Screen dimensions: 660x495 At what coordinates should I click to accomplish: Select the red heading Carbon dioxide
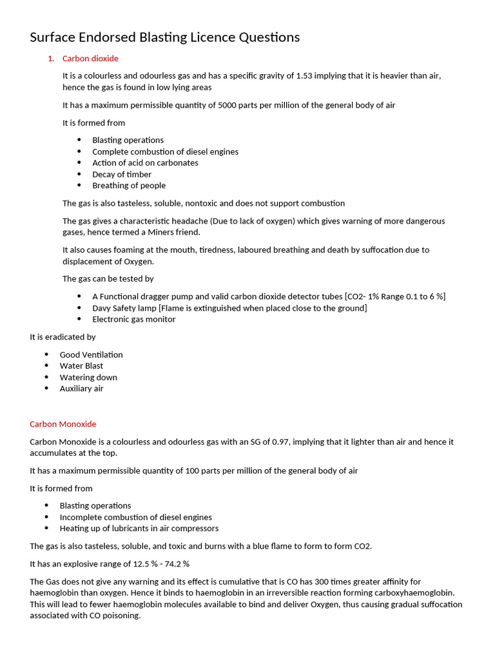(x=90, y=59)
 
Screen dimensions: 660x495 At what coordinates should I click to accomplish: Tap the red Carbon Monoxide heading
(x=63, y=424)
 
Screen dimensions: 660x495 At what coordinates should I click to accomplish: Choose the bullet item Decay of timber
(x=122, y=174)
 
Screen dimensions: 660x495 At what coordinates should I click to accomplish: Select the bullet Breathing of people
(x=129, y=186)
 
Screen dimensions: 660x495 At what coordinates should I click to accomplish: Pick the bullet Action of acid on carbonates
(x=145, y=163)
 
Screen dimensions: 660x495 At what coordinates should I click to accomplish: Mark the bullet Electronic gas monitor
(x=133, y=319)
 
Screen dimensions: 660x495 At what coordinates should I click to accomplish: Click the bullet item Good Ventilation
(x=91, y=354)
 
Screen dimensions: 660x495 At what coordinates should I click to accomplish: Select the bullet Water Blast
(x=81, y=366)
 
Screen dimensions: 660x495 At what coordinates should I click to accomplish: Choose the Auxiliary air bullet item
(x=81, y=389)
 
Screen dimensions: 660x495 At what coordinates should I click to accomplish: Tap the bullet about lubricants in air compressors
(x=139, y=529)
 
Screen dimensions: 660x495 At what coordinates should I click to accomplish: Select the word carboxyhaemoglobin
(x=410, y=592)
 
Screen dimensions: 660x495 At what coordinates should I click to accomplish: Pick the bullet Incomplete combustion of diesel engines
(x=135, y=517)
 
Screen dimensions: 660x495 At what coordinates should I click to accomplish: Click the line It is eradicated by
(x=63, y=337)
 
